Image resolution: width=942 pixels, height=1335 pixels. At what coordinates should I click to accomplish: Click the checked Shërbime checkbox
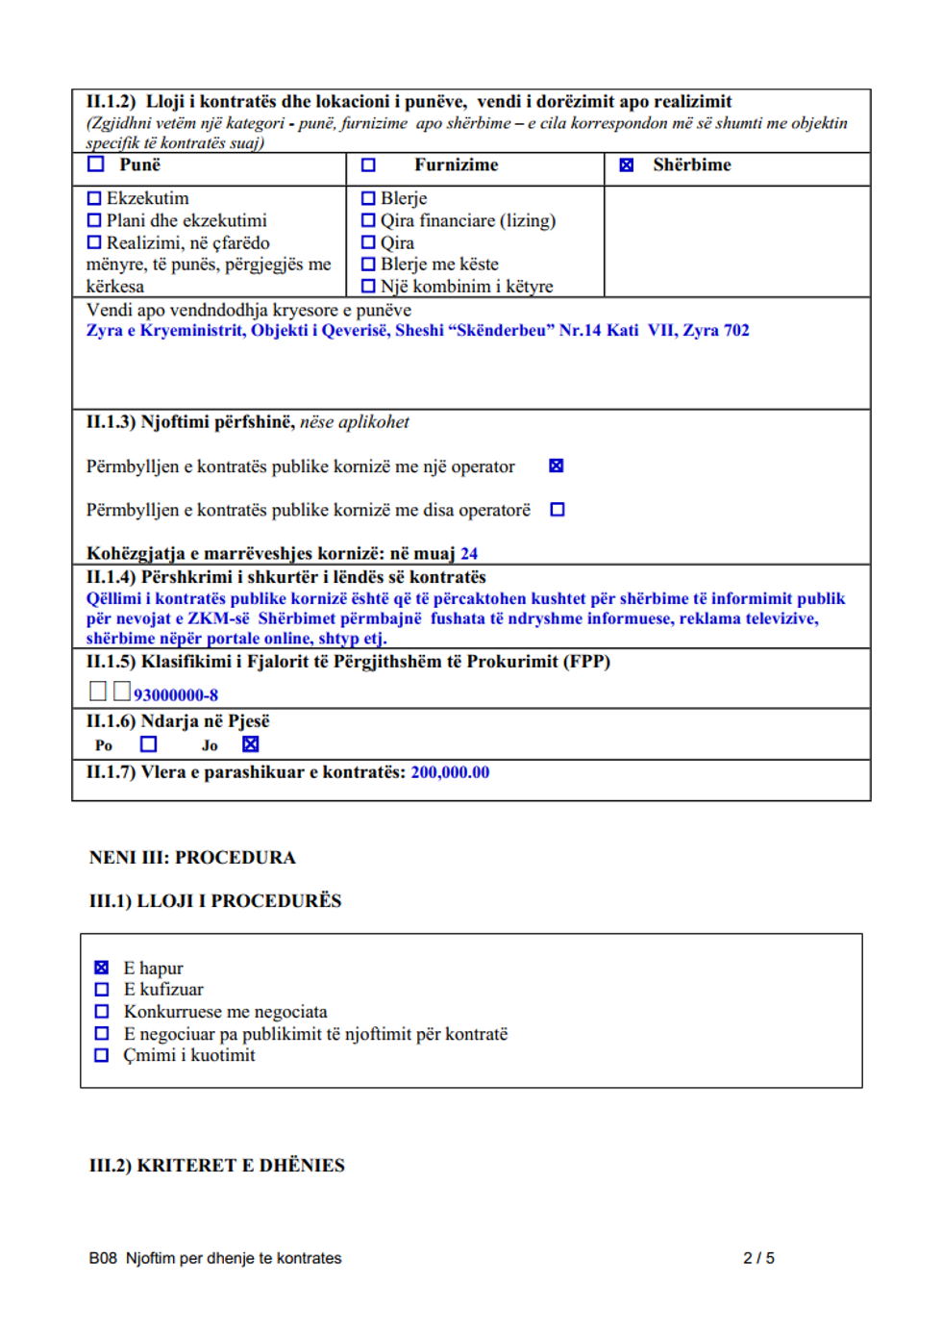627,165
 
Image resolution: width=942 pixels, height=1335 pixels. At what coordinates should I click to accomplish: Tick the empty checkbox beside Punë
96,164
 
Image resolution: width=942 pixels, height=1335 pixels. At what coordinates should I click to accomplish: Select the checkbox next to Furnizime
368,165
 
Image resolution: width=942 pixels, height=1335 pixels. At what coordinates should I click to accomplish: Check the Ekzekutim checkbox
94,199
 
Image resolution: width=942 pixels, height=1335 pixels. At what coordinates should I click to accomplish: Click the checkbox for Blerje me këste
368,264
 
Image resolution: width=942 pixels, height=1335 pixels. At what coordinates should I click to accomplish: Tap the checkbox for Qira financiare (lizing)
368,221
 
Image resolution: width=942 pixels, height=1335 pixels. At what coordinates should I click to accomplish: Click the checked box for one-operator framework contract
556,466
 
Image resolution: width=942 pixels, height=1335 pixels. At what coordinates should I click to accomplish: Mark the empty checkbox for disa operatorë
558,510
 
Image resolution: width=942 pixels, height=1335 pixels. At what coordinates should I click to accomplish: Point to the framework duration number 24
469,554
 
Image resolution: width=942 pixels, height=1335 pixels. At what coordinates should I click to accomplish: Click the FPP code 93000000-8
176,695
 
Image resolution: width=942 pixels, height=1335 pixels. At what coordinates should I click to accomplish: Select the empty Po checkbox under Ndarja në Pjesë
148,744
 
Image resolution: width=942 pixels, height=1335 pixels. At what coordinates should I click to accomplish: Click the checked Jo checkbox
251,744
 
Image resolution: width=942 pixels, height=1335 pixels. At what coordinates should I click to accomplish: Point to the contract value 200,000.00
450,772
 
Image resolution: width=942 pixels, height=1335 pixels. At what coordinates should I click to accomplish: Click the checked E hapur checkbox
102,968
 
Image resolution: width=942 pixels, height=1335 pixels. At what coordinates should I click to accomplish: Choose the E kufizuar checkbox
102,990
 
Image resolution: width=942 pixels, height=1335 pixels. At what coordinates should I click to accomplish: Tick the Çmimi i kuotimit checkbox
102,1055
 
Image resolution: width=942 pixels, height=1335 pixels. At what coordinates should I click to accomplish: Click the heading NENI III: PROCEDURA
192,857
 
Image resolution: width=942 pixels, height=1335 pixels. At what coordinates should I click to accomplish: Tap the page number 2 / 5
758,1258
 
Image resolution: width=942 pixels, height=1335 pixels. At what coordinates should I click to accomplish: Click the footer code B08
103,1258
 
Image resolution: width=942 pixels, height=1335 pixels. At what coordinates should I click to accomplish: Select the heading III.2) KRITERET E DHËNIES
217,1166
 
